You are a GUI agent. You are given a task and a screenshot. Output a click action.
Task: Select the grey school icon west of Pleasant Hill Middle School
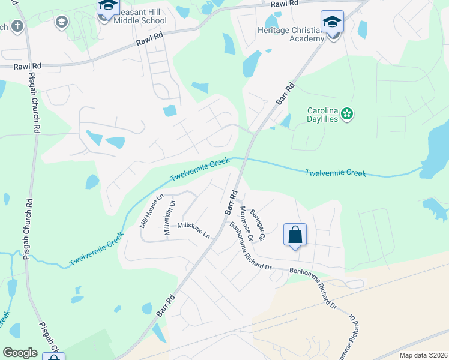coord(61,23)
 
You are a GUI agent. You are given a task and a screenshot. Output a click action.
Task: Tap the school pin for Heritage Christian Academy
coord(332,23)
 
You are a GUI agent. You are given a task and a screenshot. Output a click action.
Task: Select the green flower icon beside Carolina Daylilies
coord(347,113)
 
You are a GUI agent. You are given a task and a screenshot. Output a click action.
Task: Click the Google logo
coord(20,352)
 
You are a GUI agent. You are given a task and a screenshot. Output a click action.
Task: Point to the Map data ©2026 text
coord(423,355)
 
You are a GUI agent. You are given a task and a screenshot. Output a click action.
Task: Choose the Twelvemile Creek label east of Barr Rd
coord(335,173)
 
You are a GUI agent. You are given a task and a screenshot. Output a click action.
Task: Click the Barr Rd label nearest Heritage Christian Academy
coord(286,95)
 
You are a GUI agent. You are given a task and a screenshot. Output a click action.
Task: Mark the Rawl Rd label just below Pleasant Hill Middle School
coord(149,41)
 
